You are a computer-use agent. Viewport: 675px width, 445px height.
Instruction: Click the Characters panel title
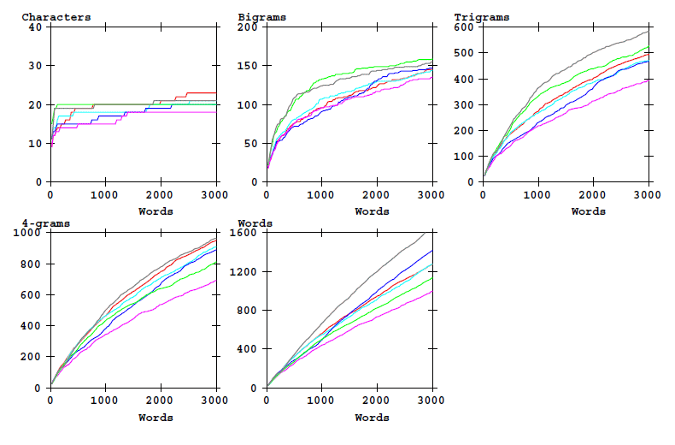[56, 17]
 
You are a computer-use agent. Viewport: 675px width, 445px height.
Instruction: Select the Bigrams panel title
[262, 17]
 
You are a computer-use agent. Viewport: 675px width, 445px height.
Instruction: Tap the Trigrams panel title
[482, 17]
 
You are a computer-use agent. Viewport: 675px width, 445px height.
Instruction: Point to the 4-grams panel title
[46, 223]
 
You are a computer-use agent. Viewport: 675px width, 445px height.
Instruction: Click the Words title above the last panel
[255, 223]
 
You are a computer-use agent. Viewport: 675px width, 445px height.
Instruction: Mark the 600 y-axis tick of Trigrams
[463, 27]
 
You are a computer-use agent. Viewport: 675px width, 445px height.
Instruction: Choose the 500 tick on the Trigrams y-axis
[463, 53]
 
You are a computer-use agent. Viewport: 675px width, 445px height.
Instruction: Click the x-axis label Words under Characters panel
[156, 211]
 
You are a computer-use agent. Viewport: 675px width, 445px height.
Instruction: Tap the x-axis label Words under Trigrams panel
[588, 211]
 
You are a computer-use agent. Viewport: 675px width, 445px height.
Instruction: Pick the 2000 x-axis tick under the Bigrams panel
[376, 194]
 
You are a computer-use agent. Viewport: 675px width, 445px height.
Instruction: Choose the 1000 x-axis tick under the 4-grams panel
[105, 400]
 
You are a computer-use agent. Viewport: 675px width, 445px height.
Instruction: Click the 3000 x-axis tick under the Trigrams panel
[648, 194]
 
